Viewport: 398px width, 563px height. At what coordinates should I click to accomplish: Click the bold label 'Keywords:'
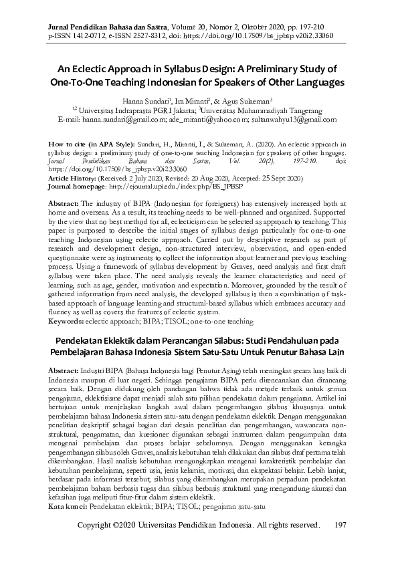(x=70, y=302)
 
